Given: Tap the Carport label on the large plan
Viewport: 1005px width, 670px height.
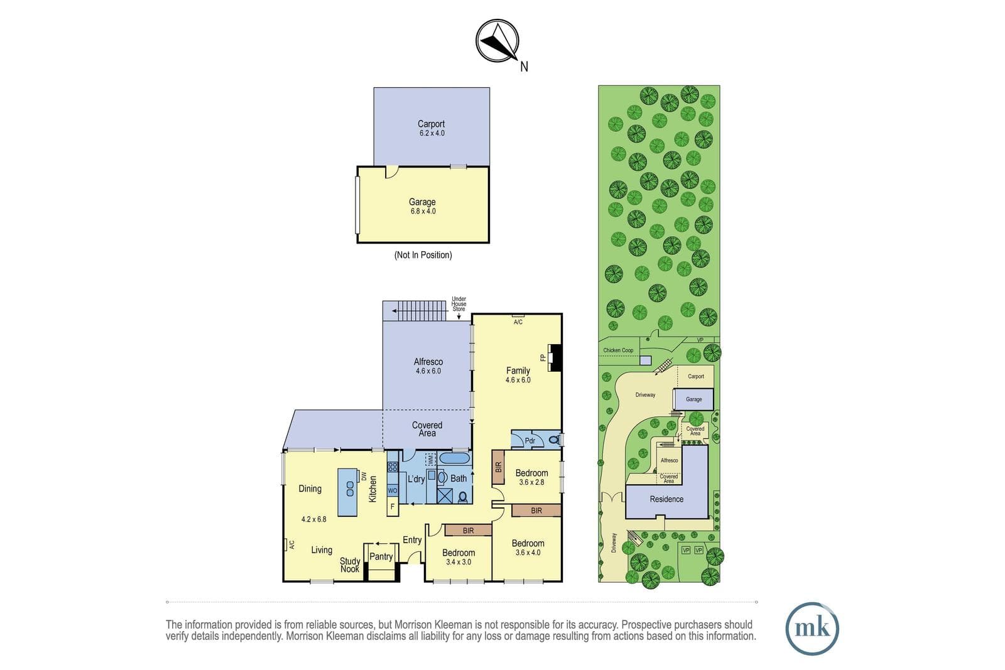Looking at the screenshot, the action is pyautogui.click(x=431, y=124).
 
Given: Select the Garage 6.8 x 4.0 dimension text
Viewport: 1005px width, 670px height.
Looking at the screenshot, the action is pyautogui.click(x=423, y=211).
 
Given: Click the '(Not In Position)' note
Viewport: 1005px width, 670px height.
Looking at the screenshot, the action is pyautogui.click(x=423, y=255).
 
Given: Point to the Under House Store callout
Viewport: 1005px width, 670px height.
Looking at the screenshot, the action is pyautogui.click(x=459, y=304).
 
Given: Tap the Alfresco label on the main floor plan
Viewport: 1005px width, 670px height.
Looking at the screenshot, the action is pyautogui.click(x=428, y=362).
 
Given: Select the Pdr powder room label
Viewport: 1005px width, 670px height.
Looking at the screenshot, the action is pyautogui.click(x=530, y=441).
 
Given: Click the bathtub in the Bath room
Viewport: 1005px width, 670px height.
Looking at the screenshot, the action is pyautogui.click(x=454, y=458).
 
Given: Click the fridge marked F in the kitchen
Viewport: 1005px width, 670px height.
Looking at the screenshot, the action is pyautogui.click(x=393, y=506).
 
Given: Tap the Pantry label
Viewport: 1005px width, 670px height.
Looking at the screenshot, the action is pyautogui.click(x=381, y=556).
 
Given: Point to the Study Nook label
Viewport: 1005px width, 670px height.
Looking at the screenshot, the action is pyautogui.click(x=350, y=565).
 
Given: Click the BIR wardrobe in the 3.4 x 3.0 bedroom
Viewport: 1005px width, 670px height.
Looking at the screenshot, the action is pyautogui.click(x=468, y=531).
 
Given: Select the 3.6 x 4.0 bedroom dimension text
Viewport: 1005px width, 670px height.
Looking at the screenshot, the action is pyautogui.click(x=528, y=553).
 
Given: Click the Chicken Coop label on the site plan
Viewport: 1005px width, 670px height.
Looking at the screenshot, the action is pyautogui.click(x=618, y=350).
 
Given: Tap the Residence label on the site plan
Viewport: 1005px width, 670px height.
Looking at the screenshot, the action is pyautogui.click(x=666, y=499).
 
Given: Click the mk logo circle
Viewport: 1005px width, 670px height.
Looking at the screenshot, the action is pyautogui.click(x=812, y=629).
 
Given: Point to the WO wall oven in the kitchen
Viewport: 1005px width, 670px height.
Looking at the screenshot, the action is pyautogui.click(x=393, y=490).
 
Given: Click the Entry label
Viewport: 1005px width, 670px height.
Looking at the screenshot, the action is pyautogui.click(x=412, y=540).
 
